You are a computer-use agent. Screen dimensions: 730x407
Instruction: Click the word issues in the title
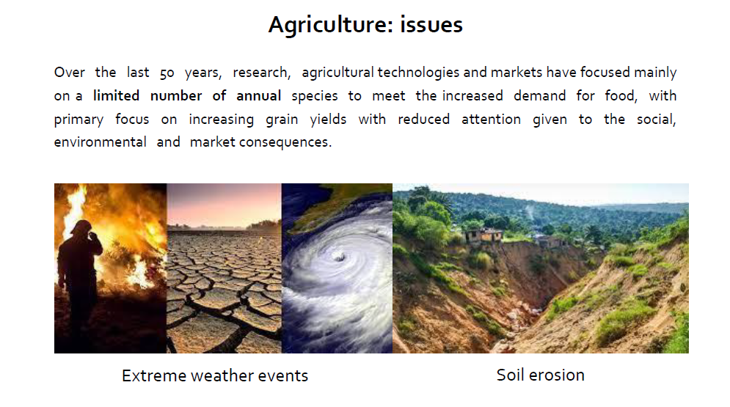click(x=431, y=25)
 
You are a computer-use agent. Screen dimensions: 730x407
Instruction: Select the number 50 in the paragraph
click(x=167, y=73)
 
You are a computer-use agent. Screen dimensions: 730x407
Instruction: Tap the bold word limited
click(x=116, y=95)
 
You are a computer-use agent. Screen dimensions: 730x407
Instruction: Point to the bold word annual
click(x=258, y=95)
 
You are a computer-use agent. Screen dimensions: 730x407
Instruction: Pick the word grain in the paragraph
click(x=282, y=120)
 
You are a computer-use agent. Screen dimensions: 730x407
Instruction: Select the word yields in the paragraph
click(x=328, y=119)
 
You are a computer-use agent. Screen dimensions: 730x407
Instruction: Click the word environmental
click(x=100, y=142)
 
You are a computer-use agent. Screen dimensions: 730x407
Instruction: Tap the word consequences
click(x=285, y=142)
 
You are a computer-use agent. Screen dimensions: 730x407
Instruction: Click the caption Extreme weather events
click(x=215, y=375)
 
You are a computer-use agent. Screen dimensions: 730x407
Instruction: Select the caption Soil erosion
click(x=541, y=375)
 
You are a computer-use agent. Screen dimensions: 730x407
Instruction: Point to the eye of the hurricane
click(x=339, y=256)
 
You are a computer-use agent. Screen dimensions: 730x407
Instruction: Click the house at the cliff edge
click(x=485, y=235)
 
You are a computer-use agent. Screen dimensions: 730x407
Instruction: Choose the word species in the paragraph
click(x=315, y=96)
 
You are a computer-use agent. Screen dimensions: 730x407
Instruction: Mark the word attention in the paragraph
click(x=491, y=119)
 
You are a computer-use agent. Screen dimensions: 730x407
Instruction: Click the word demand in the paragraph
click(x=539, y=95)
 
